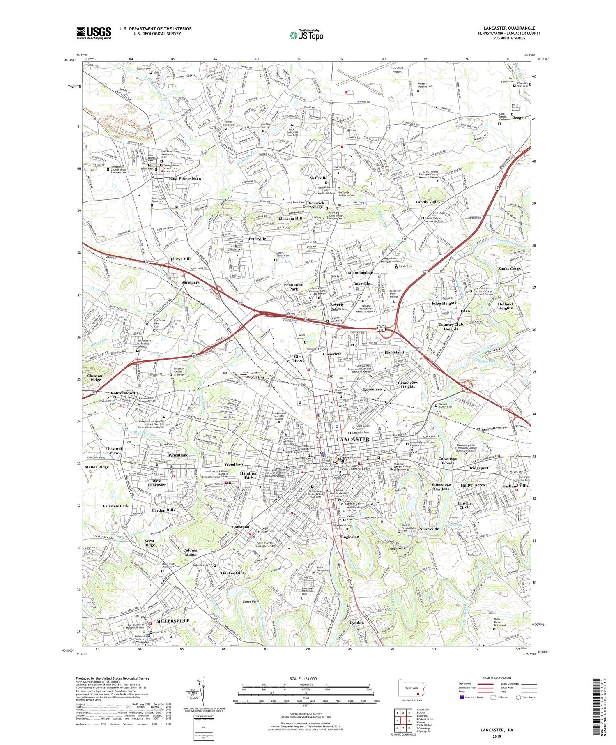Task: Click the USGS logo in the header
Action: [94, 33]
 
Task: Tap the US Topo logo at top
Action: [306, 35]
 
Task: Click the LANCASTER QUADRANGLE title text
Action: [509, 28]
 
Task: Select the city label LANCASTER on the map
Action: [353, 439]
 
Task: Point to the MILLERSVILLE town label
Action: [173, 620]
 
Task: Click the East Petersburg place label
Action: [185, 178]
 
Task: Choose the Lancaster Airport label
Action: [396, 70]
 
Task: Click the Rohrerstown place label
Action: [123, 393]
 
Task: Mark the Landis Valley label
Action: [428, 202]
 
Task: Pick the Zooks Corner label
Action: [510, 268]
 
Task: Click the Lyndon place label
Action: [357, 623]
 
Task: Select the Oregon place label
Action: [519, 118]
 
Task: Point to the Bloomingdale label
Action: [360, 273]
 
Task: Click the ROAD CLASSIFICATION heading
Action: [497, 678]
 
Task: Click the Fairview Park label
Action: [116, 506]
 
